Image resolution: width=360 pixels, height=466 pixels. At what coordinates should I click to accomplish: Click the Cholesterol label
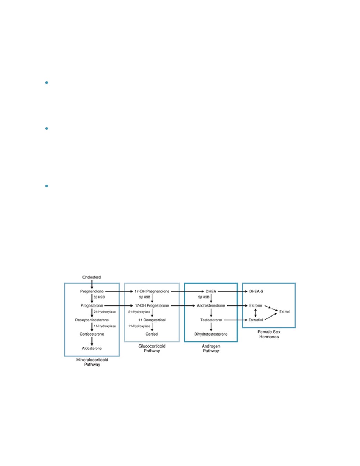click(x=92, y=277)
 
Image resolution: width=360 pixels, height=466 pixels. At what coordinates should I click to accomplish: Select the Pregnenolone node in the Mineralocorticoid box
click(x=92, y=291)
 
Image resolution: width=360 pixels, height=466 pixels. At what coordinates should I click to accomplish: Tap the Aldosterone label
click(x=92, y=348)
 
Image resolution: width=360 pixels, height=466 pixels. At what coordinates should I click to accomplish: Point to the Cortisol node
click(x=152, y=334)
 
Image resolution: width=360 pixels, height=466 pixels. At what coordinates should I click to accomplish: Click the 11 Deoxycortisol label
click(x=152, y=320)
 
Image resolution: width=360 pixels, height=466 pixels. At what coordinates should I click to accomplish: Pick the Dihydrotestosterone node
click(x=211, y=334)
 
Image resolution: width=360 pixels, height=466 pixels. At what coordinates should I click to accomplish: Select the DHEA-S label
click(x=256, y=291)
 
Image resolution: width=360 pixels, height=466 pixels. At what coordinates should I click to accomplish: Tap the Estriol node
click(x=284, y=311)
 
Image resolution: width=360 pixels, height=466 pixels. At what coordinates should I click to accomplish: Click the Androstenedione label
click(x=211, y=305)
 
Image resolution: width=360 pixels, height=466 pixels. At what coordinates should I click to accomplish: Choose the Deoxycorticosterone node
click(x=92, y=320)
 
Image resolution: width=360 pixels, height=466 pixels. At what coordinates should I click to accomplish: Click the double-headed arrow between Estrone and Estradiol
click(x=255, y=313)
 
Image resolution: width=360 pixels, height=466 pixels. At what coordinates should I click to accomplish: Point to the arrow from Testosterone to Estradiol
click(x=235, y=320)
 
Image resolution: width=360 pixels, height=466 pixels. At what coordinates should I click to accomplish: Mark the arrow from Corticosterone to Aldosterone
click(x=92, y=341)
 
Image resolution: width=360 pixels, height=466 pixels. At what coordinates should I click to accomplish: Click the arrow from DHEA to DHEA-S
click(x=233, y=291)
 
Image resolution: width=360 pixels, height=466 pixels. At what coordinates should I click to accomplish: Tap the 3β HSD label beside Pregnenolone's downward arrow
click(x=99, y=297)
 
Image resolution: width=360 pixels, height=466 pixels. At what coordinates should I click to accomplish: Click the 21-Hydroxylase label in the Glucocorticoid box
click(x=139, y=312)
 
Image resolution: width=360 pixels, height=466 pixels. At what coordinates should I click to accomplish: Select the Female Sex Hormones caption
click(x=269, y=334)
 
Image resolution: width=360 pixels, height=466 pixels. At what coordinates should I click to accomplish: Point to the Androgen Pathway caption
click(x=211, y=348)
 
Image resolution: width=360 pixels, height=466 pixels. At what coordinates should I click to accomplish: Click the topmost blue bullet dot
click(x=47, y=82)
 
